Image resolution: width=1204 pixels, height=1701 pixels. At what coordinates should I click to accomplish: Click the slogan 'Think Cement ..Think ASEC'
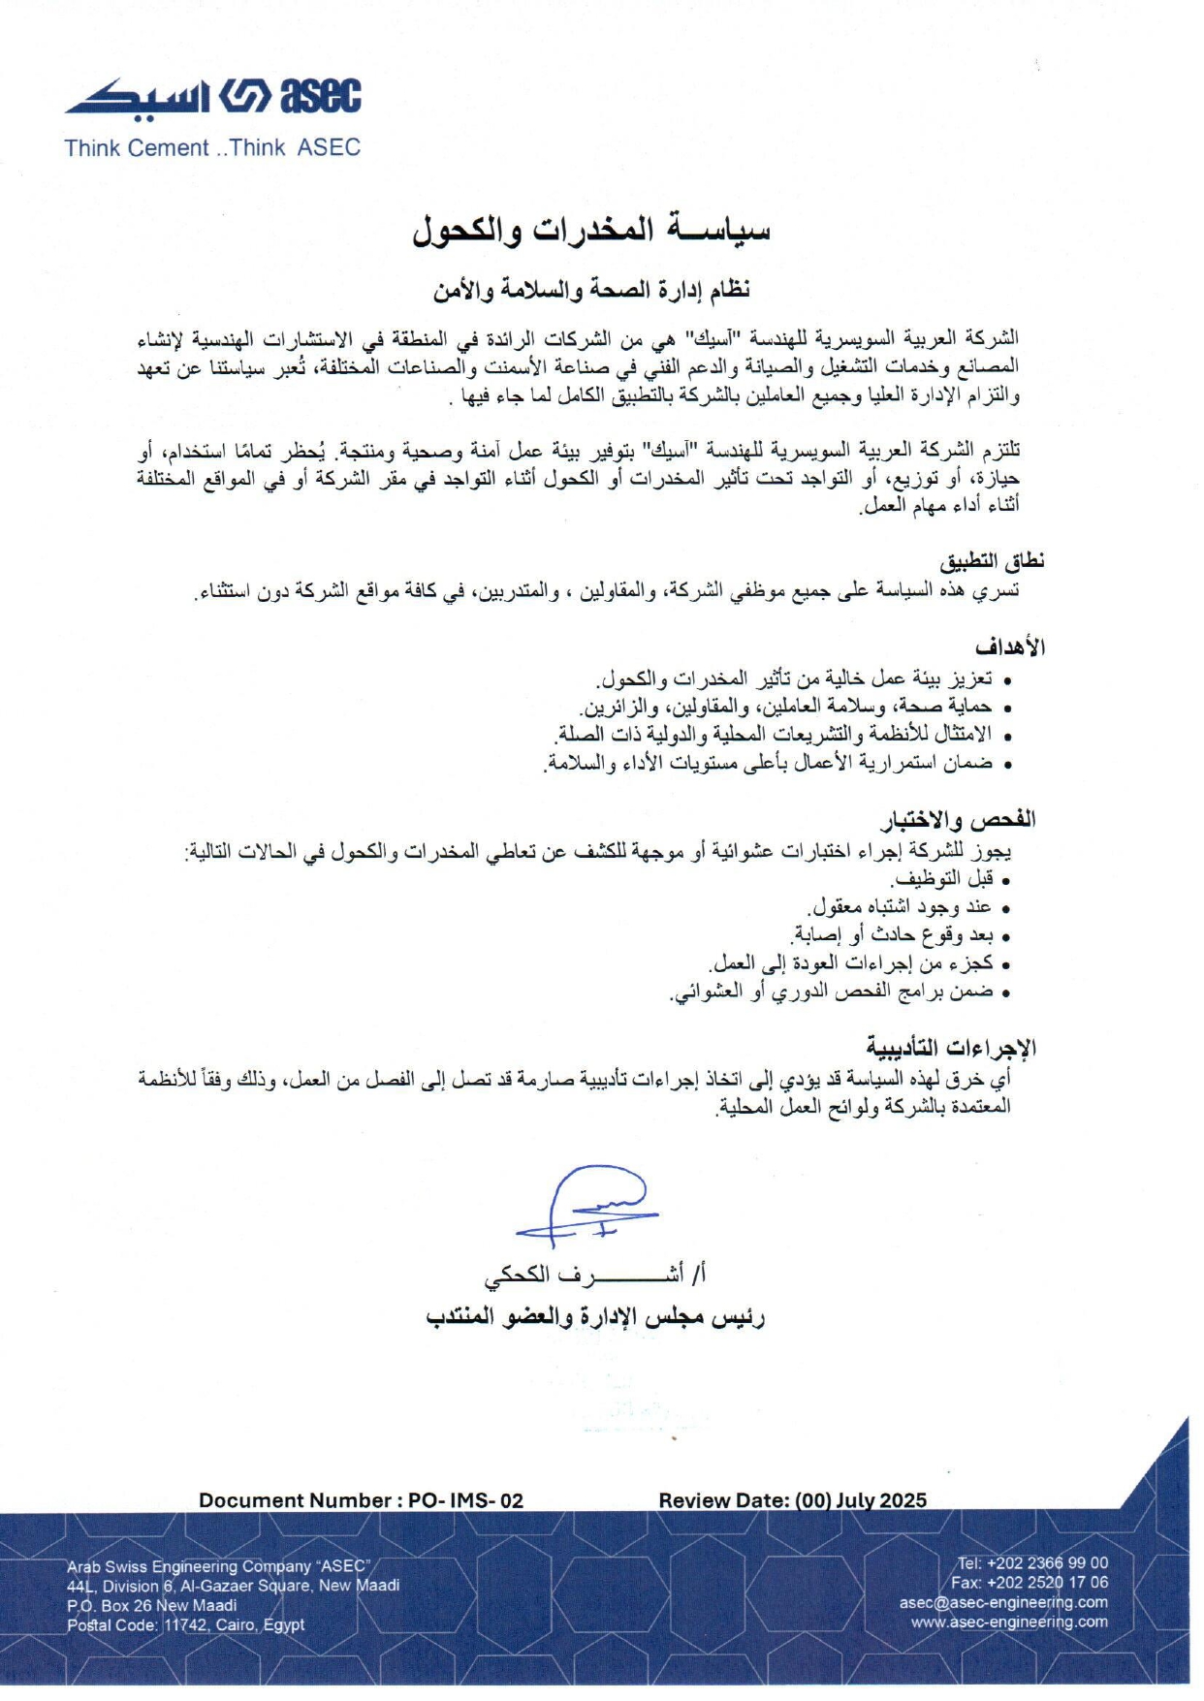click(212, 148)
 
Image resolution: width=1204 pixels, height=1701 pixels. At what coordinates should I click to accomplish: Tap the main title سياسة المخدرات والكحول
click(591, 230)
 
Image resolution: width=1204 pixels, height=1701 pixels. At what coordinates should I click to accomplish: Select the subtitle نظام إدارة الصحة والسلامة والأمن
click(591, 289)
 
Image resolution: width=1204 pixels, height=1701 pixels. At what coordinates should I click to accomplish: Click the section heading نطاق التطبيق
click(992, 561)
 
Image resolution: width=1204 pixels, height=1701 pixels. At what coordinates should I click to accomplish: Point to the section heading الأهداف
click(1010, 646)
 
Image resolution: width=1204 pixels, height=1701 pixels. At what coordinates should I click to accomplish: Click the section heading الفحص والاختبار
click(958, 821)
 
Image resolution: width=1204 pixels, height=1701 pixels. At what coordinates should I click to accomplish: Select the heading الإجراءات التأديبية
click(951, 1048)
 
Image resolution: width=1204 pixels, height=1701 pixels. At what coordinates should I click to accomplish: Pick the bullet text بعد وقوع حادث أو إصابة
click(893, 935)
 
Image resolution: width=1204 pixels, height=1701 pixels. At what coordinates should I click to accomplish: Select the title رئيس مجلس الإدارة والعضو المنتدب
click(595, 1317)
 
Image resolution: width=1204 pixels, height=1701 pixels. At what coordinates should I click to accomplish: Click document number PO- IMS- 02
click(465, 1500)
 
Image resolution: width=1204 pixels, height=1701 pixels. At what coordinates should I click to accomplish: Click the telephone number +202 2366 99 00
click(1047, 1562)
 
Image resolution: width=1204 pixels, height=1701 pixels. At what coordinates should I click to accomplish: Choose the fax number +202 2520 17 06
click(1047, 1582)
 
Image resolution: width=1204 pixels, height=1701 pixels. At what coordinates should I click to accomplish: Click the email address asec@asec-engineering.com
click(1003, 1602)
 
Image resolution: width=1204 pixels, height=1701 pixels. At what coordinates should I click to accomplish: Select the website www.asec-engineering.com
click(1009, 1622)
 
